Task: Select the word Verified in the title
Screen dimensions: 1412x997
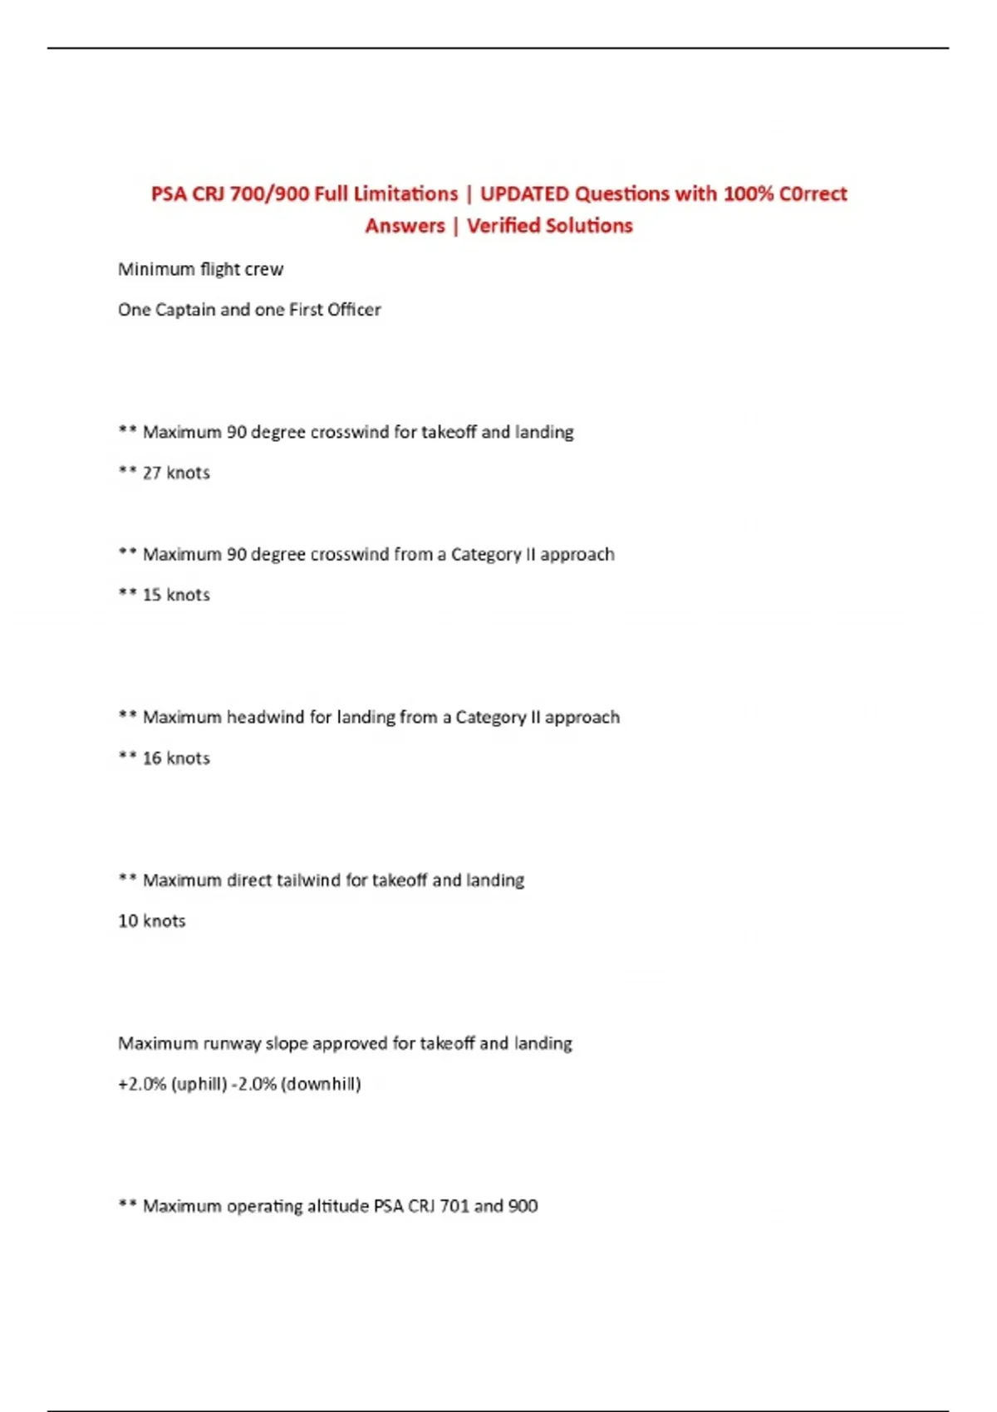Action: (503, 226)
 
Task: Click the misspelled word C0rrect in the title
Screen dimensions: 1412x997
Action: (813, 194)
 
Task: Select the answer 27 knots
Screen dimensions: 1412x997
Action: (176, 473)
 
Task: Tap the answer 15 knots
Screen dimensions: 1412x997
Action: (176, 595)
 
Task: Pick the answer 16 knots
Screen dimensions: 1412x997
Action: (176, 758)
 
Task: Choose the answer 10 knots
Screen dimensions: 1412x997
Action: (152, 921)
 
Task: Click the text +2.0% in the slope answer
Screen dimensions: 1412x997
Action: (142, 1085)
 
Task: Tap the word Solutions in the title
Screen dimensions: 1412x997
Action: (591, 226)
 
